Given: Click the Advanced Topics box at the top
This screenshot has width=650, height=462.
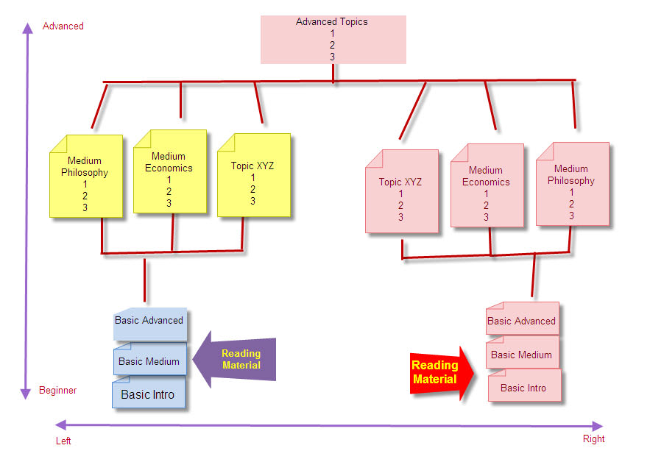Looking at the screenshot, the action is click(333, 40).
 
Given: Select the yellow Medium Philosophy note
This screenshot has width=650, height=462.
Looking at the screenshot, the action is click(86, 176).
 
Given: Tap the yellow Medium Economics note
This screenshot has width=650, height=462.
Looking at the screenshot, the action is click(170, 171).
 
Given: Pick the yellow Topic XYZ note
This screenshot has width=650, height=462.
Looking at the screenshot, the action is click(254, 175).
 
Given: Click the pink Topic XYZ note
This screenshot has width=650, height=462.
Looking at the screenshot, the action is click(402, 191).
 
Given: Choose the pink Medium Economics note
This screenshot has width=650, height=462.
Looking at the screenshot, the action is click(487, 185).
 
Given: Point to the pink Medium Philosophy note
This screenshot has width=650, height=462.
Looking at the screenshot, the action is click(573, 184).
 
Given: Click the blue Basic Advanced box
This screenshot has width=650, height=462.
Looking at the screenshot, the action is click(150, 324).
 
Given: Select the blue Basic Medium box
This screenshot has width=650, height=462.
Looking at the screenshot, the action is click(150, 359).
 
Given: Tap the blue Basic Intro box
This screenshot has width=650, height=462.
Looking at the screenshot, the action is click(149, 392).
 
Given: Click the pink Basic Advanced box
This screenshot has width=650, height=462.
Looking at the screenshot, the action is click(523, 319).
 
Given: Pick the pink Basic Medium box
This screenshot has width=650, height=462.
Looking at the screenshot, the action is click(523, 352).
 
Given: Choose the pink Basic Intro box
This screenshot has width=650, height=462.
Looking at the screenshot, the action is click(524, 385).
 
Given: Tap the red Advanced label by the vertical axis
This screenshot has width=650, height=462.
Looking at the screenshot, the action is click(63, 26).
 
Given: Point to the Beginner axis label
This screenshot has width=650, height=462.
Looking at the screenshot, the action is click(57, 391).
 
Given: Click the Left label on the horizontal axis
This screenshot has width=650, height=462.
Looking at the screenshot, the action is click(63, 441).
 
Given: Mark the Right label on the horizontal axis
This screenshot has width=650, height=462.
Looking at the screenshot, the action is click(593, 438).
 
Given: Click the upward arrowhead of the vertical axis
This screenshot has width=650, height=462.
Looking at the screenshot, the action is click(27, 28).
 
